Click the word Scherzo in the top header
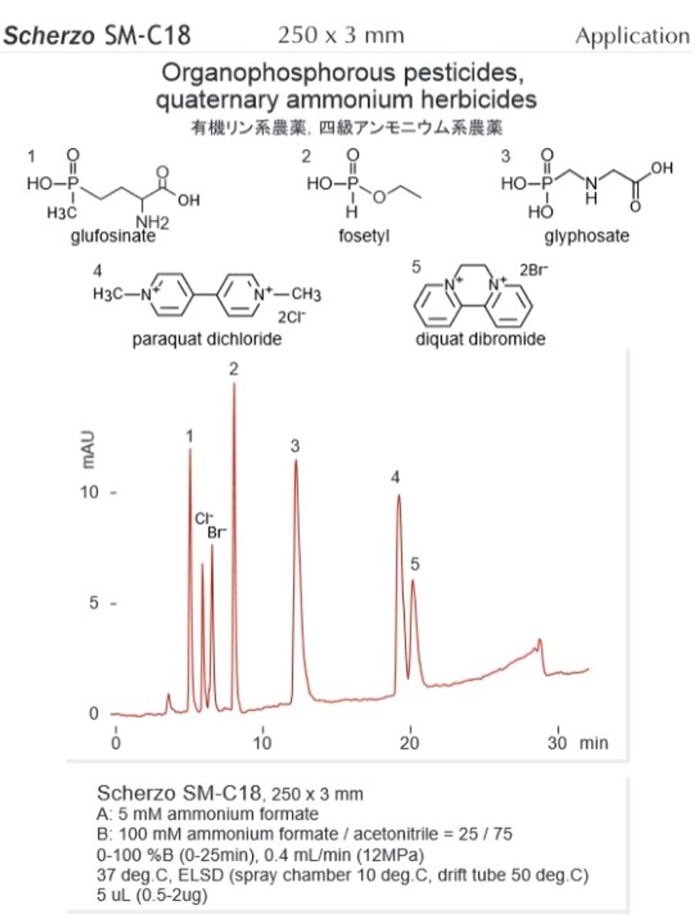point(49,35)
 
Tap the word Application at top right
point(632,36)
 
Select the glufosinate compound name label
point(113,237)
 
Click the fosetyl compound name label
point(363,237)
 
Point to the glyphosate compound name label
point(586,236)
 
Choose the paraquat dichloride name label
point(207,339)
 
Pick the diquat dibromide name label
point(480,339)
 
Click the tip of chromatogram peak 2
point(234,385)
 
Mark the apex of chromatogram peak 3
point(296,461)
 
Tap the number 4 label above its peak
point(395,477)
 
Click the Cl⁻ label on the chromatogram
point(204,519)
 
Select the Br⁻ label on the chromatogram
point(217,533)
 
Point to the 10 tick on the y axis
point(90,493)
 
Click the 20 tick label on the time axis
point(409,743)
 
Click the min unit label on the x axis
point(594,743)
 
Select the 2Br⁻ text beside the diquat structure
point(534,270)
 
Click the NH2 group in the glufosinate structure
point(152,222)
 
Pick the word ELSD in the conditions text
point(200,876)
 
